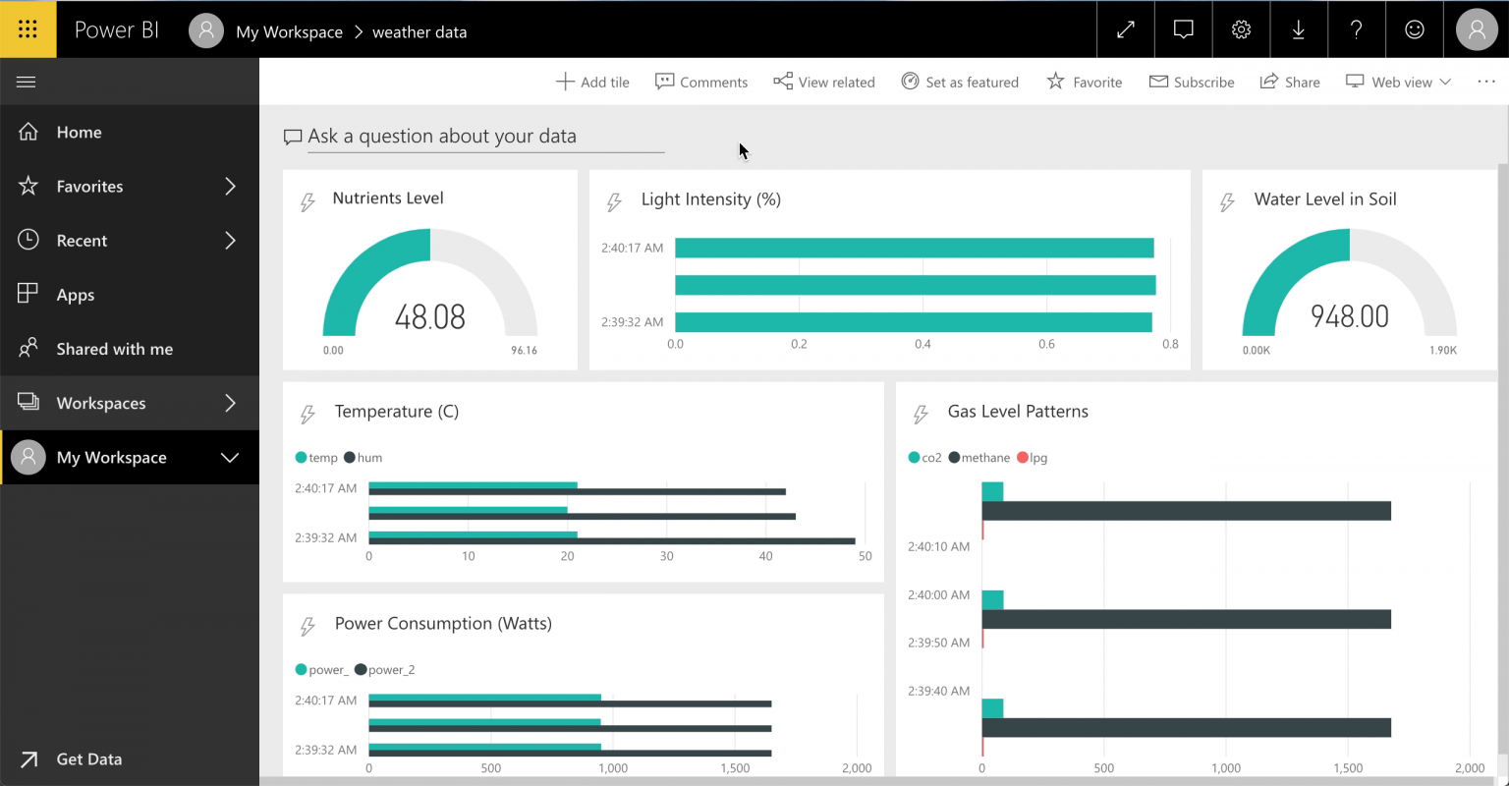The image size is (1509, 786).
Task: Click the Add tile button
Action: pos(592,83)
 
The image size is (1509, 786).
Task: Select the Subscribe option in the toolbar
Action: pos(1191,83)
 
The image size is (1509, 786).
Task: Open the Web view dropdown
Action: pos(1398,83)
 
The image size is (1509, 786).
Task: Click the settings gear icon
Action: pos(1241,29)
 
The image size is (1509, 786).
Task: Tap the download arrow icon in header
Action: pos(1298,29)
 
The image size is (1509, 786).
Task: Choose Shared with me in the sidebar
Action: pos(115,349)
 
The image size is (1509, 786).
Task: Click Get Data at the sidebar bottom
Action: pos(89,759)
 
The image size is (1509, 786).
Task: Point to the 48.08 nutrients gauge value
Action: pos(429,316)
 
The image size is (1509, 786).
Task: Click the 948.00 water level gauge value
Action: pos(1349,316)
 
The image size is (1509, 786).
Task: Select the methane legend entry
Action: pos(978,458)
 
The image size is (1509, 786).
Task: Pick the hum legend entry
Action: pos(363,458)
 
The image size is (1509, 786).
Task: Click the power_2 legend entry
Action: pos(385,669)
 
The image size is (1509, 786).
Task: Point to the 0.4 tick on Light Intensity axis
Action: pos(922,344)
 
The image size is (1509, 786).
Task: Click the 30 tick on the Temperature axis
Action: pos(666,556)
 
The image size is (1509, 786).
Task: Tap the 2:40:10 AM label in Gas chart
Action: pos(938,546)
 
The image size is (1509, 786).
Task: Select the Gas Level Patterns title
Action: pos(1018,412)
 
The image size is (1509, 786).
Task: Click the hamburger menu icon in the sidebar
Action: pos(27,83)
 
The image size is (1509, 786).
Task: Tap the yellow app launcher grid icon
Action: pos(28,28)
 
